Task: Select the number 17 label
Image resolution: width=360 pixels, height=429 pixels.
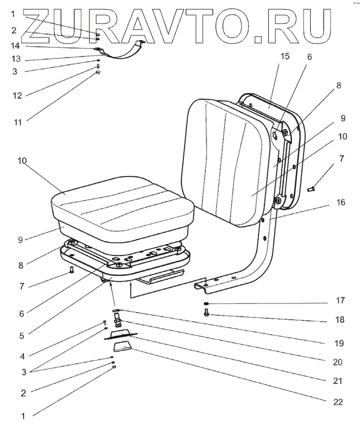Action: click(x=341, y=300)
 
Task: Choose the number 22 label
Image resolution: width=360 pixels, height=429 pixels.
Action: click(x=339, y=401)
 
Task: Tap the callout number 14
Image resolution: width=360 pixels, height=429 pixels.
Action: click(x=16, y=46)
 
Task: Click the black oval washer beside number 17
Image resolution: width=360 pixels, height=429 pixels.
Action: click(x=207, y=304)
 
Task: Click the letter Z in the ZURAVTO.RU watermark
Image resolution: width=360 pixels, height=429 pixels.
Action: click(x=36, y=23)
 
